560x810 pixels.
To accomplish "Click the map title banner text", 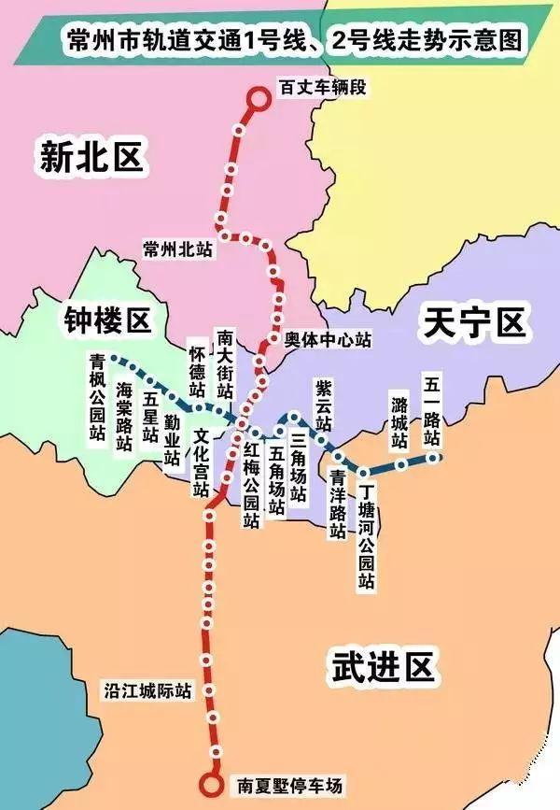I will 288,41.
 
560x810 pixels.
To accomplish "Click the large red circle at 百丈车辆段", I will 258,97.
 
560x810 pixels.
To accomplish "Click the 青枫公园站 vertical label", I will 97,397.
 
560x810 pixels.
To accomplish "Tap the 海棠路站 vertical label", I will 124,417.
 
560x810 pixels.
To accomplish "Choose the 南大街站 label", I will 225,365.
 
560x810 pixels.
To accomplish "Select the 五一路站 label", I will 431,410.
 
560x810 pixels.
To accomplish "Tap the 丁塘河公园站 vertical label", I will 367,536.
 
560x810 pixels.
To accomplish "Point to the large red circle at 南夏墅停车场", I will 213,786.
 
